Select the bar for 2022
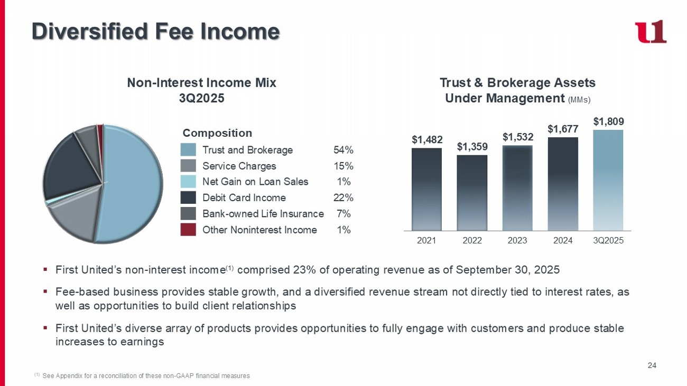tap(472, 193)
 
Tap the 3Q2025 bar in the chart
tap(608, 180)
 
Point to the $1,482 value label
tap(426, 139)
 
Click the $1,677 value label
tap(563, 129)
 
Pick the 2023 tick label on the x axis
tap(517, 240)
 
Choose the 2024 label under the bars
tap(563, 240)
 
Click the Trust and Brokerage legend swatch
tap(188, 150)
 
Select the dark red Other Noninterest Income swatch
tap(188, 229)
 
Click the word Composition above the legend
tap(217, 133)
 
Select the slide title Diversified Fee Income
tap(156, 32)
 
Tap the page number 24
tap(652, 365)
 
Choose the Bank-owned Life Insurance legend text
tap(263, 214)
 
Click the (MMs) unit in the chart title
tap(579, 100)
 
